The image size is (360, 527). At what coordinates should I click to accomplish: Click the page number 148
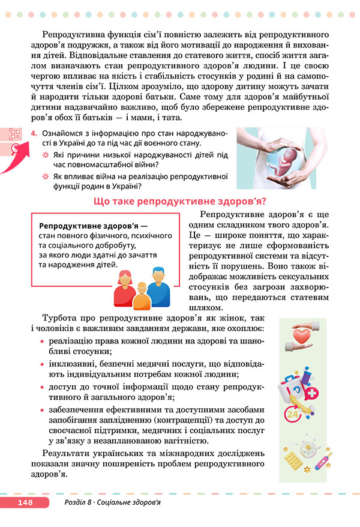(25, 502)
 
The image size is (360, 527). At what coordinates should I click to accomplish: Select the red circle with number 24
(293, 415)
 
